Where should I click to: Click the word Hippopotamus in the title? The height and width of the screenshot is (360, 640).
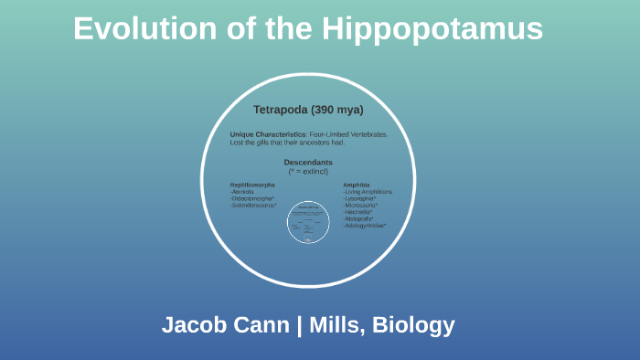[x=432, y=29]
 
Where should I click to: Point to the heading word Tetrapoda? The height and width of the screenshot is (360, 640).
[x=281, y=110]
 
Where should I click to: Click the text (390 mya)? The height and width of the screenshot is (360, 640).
[x=337, y=110]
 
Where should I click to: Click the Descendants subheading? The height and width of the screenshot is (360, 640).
[x=307, y=162]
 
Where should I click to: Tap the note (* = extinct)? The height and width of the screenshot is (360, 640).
[x=307, y=171]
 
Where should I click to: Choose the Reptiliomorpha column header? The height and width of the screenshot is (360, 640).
[x=252, y=185]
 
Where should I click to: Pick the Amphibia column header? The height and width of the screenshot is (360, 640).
[x=357, y=185]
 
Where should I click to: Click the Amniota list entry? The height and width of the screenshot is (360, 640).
[x=242, y=192]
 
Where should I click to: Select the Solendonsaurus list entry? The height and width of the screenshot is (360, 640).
[x=253, y=205]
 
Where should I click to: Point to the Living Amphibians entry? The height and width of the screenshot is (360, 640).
[x=368, y=192]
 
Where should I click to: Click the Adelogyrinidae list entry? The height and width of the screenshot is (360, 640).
[x=365, y=226]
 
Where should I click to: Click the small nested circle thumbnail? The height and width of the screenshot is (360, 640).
[x=307, y=222]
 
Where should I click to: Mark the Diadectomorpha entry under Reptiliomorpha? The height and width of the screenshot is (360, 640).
[x=252, y=198]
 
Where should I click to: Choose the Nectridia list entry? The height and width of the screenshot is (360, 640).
[x=358, y=212]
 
